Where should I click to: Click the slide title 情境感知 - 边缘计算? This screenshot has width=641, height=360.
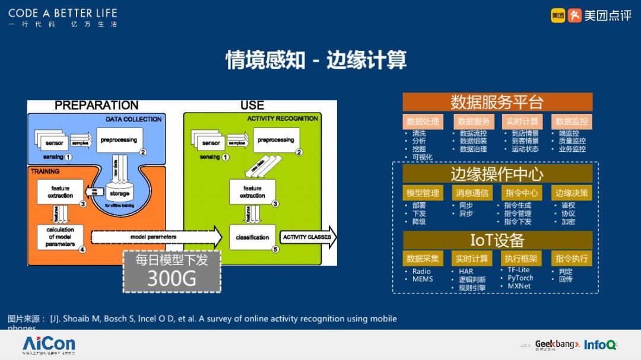[316, 60]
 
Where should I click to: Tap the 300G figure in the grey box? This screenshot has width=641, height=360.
[172, 278]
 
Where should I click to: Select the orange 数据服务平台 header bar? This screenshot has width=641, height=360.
[497, 102]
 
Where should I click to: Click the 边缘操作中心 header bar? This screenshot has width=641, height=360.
[497, 174]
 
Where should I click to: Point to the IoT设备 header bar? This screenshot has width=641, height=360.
[497, 240]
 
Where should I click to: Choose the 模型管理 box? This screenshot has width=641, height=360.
[423, 193]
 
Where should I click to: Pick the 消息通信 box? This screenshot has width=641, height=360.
[471, 193]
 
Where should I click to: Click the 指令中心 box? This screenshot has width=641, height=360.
[521, 193]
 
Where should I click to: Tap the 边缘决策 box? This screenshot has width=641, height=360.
[572, 193]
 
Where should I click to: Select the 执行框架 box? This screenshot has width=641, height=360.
[521, 259]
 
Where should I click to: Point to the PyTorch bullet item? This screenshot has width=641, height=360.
[520, 278]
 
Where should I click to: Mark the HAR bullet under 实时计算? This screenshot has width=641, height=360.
[466, 272]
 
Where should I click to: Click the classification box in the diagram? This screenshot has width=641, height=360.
[252, 237]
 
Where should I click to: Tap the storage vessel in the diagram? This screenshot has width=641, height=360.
[119, 192]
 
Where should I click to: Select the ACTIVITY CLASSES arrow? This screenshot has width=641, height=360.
[307, 237]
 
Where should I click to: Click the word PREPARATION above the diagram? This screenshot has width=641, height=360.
[96, 106]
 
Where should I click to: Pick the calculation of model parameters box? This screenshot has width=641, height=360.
[60, 237]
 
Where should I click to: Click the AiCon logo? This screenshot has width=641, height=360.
[49, 344]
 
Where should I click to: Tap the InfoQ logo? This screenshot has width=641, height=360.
[600, 345]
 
